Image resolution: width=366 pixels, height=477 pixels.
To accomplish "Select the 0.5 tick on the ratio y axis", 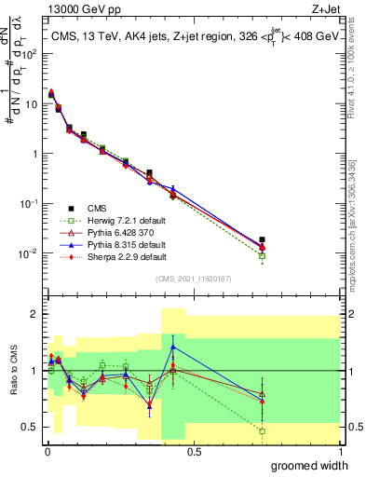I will pyautogui.click(x=28, y=427).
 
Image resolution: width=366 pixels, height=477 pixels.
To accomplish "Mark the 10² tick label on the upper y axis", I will pyautogui.click(x=28, y=53).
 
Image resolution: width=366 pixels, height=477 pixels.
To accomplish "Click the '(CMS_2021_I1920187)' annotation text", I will pyautogui.click(x=193, y=279).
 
